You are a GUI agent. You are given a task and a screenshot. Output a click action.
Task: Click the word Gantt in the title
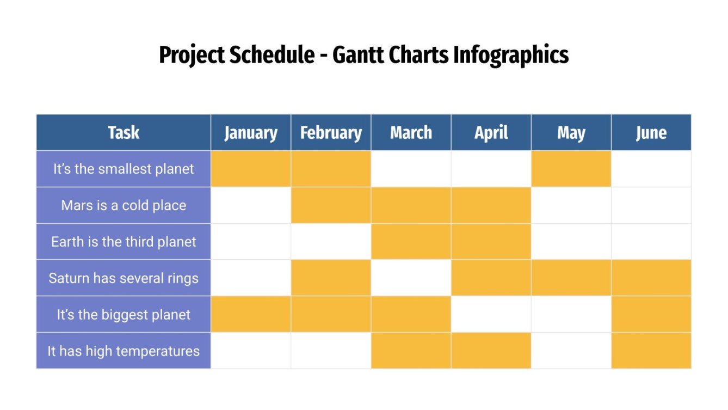click(x=359, y=55)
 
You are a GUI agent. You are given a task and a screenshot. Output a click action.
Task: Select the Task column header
click(x=124, y=132)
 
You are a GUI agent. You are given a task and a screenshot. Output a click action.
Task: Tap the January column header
click(x=251, y=132)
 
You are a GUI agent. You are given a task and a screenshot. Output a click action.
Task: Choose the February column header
click(x=331, y=132)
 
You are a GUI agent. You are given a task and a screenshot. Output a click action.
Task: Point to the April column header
click(x=491, y=132)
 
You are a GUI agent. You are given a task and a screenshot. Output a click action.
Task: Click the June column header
click(x=651, y=132)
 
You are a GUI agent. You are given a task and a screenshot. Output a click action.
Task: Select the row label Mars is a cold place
click(x=124, y=205)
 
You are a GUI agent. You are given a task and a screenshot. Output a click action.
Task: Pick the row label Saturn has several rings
click(x=124, y=278)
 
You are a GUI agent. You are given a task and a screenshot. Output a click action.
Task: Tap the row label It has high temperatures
click(x=124, y=351)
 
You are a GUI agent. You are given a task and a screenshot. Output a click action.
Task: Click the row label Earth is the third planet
click(x=124, y=242)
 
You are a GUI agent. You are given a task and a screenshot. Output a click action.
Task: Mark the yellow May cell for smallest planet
click(x=571, y=169)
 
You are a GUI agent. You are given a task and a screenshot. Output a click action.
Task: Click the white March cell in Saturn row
click(x=411, y=278)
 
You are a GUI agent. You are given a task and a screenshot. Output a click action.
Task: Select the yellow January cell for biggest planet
click(x=251, y=315)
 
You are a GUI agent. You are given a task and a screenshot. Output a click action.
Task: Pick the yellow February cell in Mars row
click(x=331, y=205)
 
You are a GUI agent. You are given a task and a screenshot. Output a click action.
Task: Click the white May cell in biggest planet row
click(x=571, y=315)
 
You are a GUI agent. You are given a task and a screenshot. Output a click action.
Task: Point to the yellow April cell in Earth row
click(x=491, y=242)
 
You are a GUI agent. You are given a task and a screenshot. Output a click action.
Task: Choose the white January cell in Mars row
click(x=251, y=205)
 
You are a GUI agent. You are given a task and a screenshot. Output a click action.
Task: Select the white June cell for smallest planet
click(x=651, y=169)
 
